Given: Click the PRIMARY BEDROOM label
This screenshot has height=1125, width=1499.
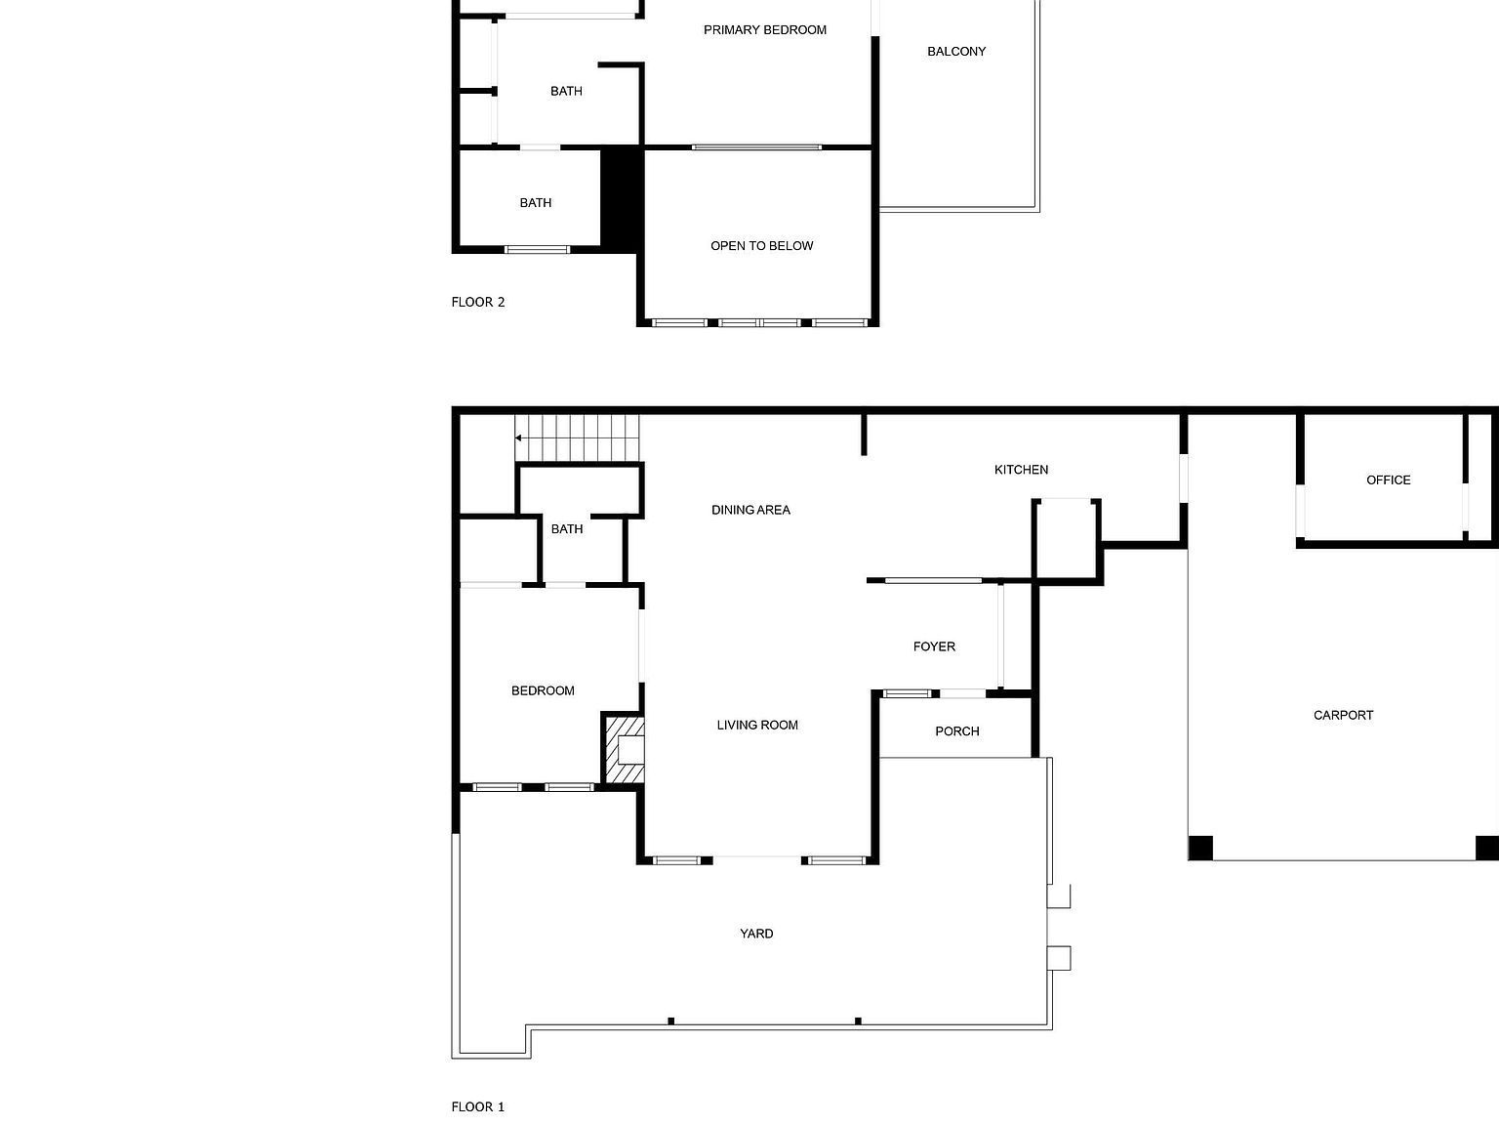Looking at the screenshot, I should [765, 30].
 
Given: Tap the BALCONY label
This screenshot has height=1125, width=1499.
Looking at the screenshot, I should [956, 52].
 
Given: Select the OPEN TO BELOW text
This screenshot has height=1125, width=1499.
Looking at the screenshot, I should [761, 246].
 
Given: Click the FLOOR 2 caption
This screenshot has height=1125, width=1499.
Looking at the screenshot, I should [478, 302].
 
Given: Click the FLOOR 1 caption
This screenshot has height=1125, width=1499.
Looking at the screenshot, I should [478, 1106].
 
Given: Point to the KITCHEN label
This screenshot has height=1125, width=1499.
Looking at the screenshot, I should [1021, 470].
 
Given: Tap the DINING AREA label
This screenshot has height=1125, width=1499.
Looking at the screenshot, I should [750, 510].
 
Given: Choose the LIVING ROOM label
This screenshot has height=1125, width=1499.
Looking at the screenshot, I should [757, 725].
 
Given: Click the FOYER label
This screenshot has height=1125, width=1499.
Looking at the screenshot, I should [934, 646].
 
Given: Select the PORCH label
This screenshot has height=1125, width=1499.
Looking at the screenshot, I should [956, 731].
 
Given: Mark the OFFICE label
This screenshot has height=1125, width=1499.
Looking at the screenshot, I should [1388, 480].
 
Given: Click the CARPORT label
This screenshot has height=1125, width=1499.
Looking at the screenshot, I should [1343, 716].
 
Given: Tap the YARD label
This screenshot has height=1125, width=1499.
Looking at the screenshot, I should [756, 934].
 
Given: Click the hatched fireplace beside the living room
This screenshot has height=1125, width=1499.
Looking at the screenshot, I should [625, 750].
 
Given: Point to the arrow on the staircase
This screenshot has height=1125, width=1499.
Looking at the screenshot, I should [519, 438].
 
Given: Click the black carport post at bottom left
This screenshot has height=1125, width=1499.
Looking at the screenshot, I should [1200, 848].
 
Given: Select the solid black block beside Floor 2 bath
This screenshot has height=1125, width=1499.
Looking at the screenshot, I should [620, 197].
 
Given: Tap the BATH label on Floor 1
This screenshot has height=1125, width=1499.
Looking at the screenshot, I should [567, 529].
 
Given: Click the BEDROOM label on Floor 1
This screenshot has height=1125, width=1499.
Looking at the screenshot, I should [543, 691].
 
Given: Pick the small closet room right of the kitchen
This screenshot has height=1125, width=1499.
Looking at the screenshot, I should [1067, 539].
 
